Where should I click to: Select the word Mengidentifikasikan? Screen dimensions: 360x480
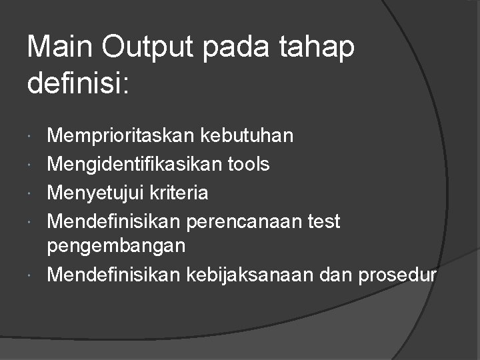pos(124,165)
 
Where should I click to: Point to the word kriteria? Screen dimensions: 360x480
pos(180,193)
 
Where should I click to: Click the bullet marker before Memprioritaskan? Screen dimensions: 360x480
pos(33,137)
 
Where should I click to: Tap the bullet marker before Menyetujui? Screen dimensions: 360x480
pos(33,194)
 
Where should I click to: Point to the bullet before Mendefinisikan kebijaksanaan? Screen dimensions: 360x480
pos(33,275)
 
